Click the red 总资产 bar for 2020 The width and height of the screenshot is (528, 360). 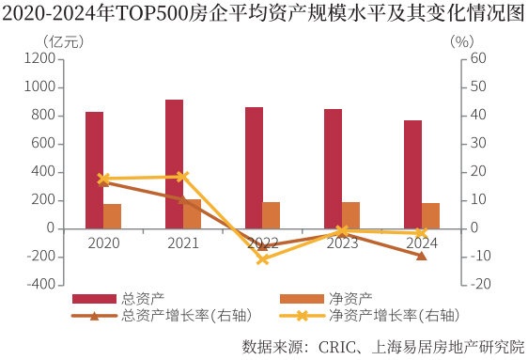(94, 170)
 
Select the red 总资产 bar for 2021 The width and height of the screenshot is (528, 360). (174, 164)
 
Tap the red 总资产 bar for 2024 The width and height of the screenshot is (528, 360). (412, 175)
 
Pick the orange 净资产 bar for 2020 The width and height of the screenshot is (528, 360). (112, 216)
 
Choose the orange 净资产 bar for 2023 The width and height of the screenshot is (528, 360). (350, 215)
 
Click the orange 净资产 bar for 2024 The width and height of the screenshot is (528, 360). (430, 216)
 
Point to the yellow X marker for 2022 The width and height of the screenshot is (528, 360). (263, 258)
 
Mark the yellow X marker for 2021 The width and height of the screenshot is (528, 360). (183, 177)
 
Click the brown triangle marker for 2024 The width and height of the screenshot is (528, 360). (422, 256)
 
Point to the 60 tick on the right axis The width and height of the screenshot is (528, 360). (478, 58)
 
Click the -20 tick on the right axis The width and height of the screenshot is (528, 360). (479, 285)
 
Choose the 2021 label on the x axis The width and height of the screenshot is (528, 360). (183, 243)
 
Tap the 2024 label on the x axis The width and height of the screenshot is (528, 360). (422, 243)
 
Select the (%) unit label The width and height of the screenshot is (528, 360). (461, 41)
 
